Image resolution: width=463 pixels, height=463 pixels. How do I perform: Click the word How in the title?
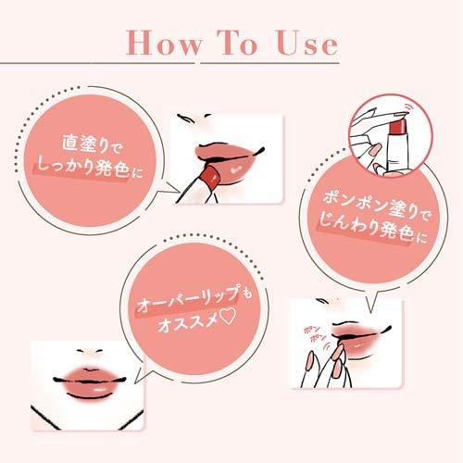164,43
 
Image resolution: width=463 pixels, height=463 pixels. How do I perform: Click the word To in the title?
236,43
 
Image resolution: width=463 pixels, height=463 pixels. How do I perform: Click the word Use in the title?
307,44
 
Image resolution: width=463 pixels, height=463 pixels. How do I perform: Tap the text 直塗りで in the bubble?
92,144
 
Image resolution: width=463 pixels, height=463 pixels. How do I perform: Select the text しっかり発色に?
90,169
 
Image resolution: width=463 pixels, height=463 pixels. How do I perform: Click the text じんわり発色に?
372,229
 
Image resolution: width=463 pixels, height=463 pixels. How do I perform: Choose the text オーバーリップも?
194,298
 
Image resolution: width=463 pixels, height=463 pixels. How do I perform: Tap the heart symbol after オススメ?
229,318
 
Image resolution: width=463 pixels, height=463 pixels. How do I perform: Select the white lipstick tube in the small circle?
398,151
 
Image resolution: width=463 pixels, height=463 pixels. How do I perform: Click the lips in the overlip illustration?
89,382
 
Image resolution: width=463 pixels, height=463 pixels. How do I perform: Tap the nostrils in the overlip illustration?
90,351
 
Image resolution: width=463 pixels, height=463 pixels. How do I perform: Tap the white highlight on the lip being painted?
237,169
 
